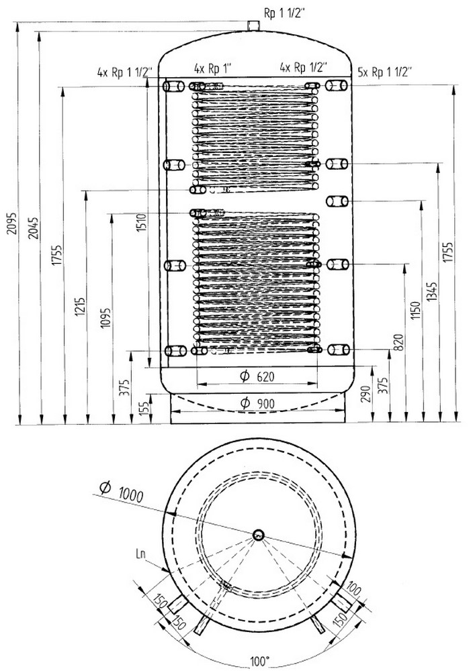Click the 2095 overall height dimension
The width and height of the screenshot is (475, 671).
coord(13,223)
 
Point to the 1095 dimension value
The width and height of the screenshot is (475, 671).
coord(105,318)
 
